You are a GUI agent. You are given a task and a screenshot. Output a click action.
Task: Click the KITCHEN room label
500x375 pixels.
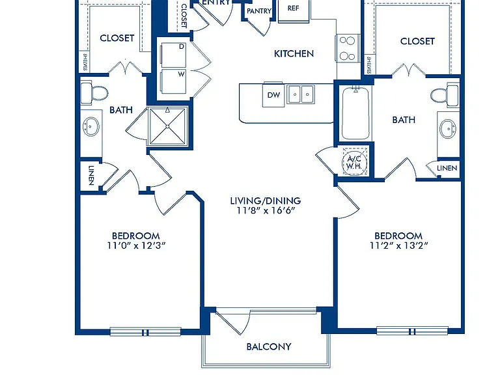tap(294, 53)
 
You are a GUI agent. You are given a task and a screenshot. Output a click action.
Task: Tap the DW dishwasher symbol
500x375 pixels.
tap(273, 94)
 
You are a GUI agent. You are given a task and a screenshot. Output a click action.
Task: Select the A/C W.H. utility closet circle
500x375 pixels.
tap(354, 163)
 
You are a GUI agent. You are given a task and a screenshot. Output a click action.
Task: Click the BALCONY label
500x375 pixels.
tap(269, 346)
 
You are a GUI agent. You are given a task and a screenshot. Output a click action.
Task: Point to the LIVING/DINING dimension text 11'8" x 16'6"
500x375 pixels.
tap(266, 210)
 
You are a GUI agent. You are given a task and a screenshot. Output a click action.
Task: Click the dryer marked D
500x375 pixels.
tap(173, 55)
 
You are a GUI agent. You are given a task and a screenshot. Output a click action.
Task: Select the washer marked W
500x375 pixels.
tap(173, 81)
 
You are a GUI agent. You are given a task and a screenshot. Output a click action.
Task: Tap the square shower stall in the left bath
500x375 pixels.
tap(167, 126)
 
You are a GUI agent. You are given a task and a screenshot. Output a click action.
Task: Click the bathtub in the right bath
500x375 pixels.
tap(355, 113)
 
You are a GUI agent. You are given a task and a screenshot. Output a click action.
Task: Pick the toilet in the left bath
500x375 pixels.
tap(94, 94)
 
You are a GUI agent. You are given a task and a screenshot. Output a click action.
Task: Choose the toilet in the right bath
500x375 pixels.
tap(445, 94)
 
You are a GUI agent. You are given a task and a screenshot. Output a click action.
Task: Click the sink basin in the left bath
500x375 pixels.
tap(91, 126)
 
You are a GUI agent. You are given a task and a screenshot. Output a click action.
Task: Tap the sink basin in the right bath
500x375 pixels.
tap(448, 129)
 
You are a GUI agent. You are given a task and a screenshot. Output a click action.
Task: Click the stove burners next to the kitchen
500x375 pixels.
tap(348, 48)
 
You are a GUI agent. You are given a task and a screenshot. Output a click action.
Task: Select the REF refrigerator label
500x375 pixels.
tap(294, 8)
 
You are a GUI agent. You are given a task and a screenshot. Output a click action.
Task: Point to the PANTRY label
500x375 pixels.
tap(259, 11)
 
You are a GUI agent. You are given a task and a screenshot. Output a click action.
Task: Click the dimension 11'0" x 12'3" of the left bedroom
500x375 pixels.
tap(136, 245)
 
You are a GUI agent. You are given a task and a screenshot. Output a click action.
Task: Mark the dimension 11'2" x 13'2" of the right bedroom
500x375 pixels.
tap(398, 245)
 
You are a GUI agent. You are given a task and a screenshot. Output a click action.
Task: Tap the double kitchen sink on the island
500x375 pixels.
tap(301, 94)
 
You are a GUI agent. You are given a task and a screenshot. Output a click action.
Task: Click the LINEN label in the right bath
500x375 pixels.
tap(447, 168)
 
